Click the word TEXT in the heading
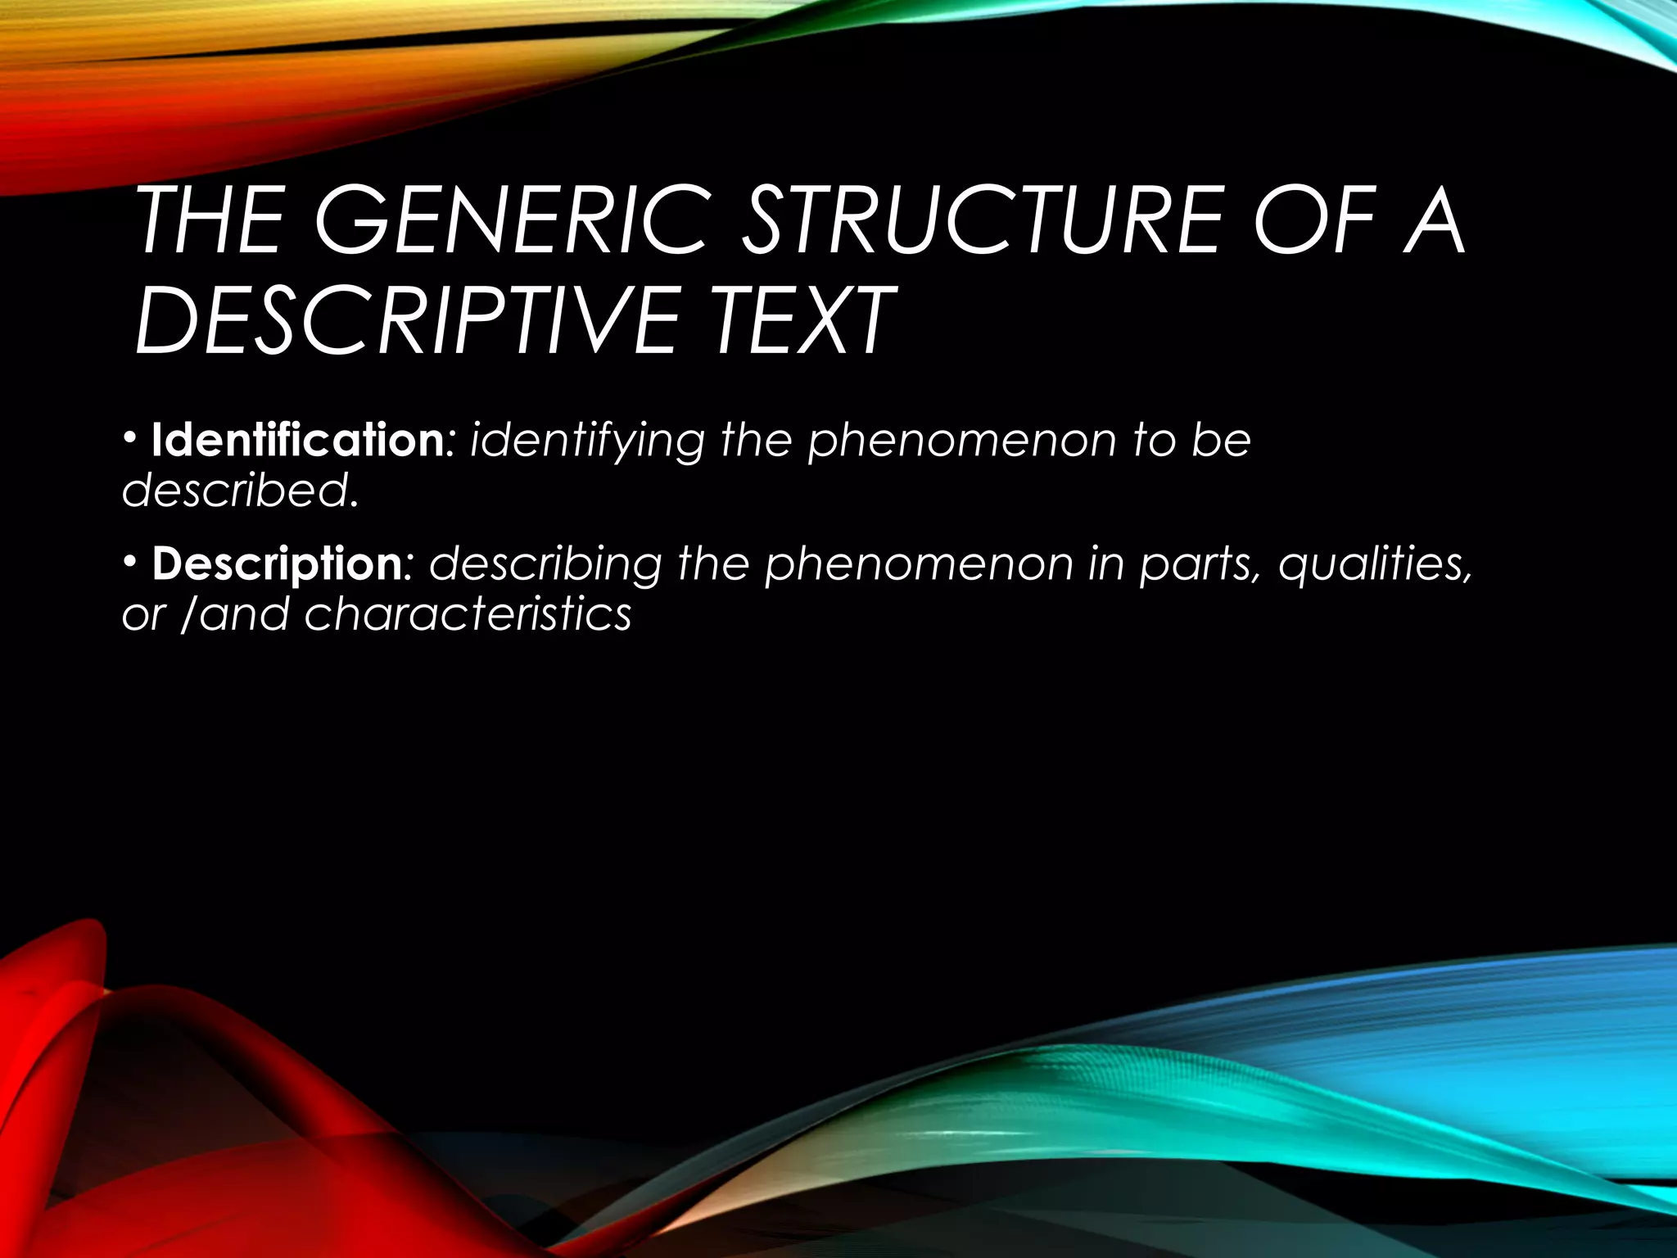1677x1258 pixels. pyautogui.click(x=802, y=320)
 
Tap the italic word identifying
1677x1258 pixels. pyautogui.click(x=587, y=442)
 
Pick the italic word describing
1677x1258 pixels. pyautogui.click(x=545, y=564)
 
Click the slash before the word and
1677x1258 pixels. pyautogui.click(x=187, y=614)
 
